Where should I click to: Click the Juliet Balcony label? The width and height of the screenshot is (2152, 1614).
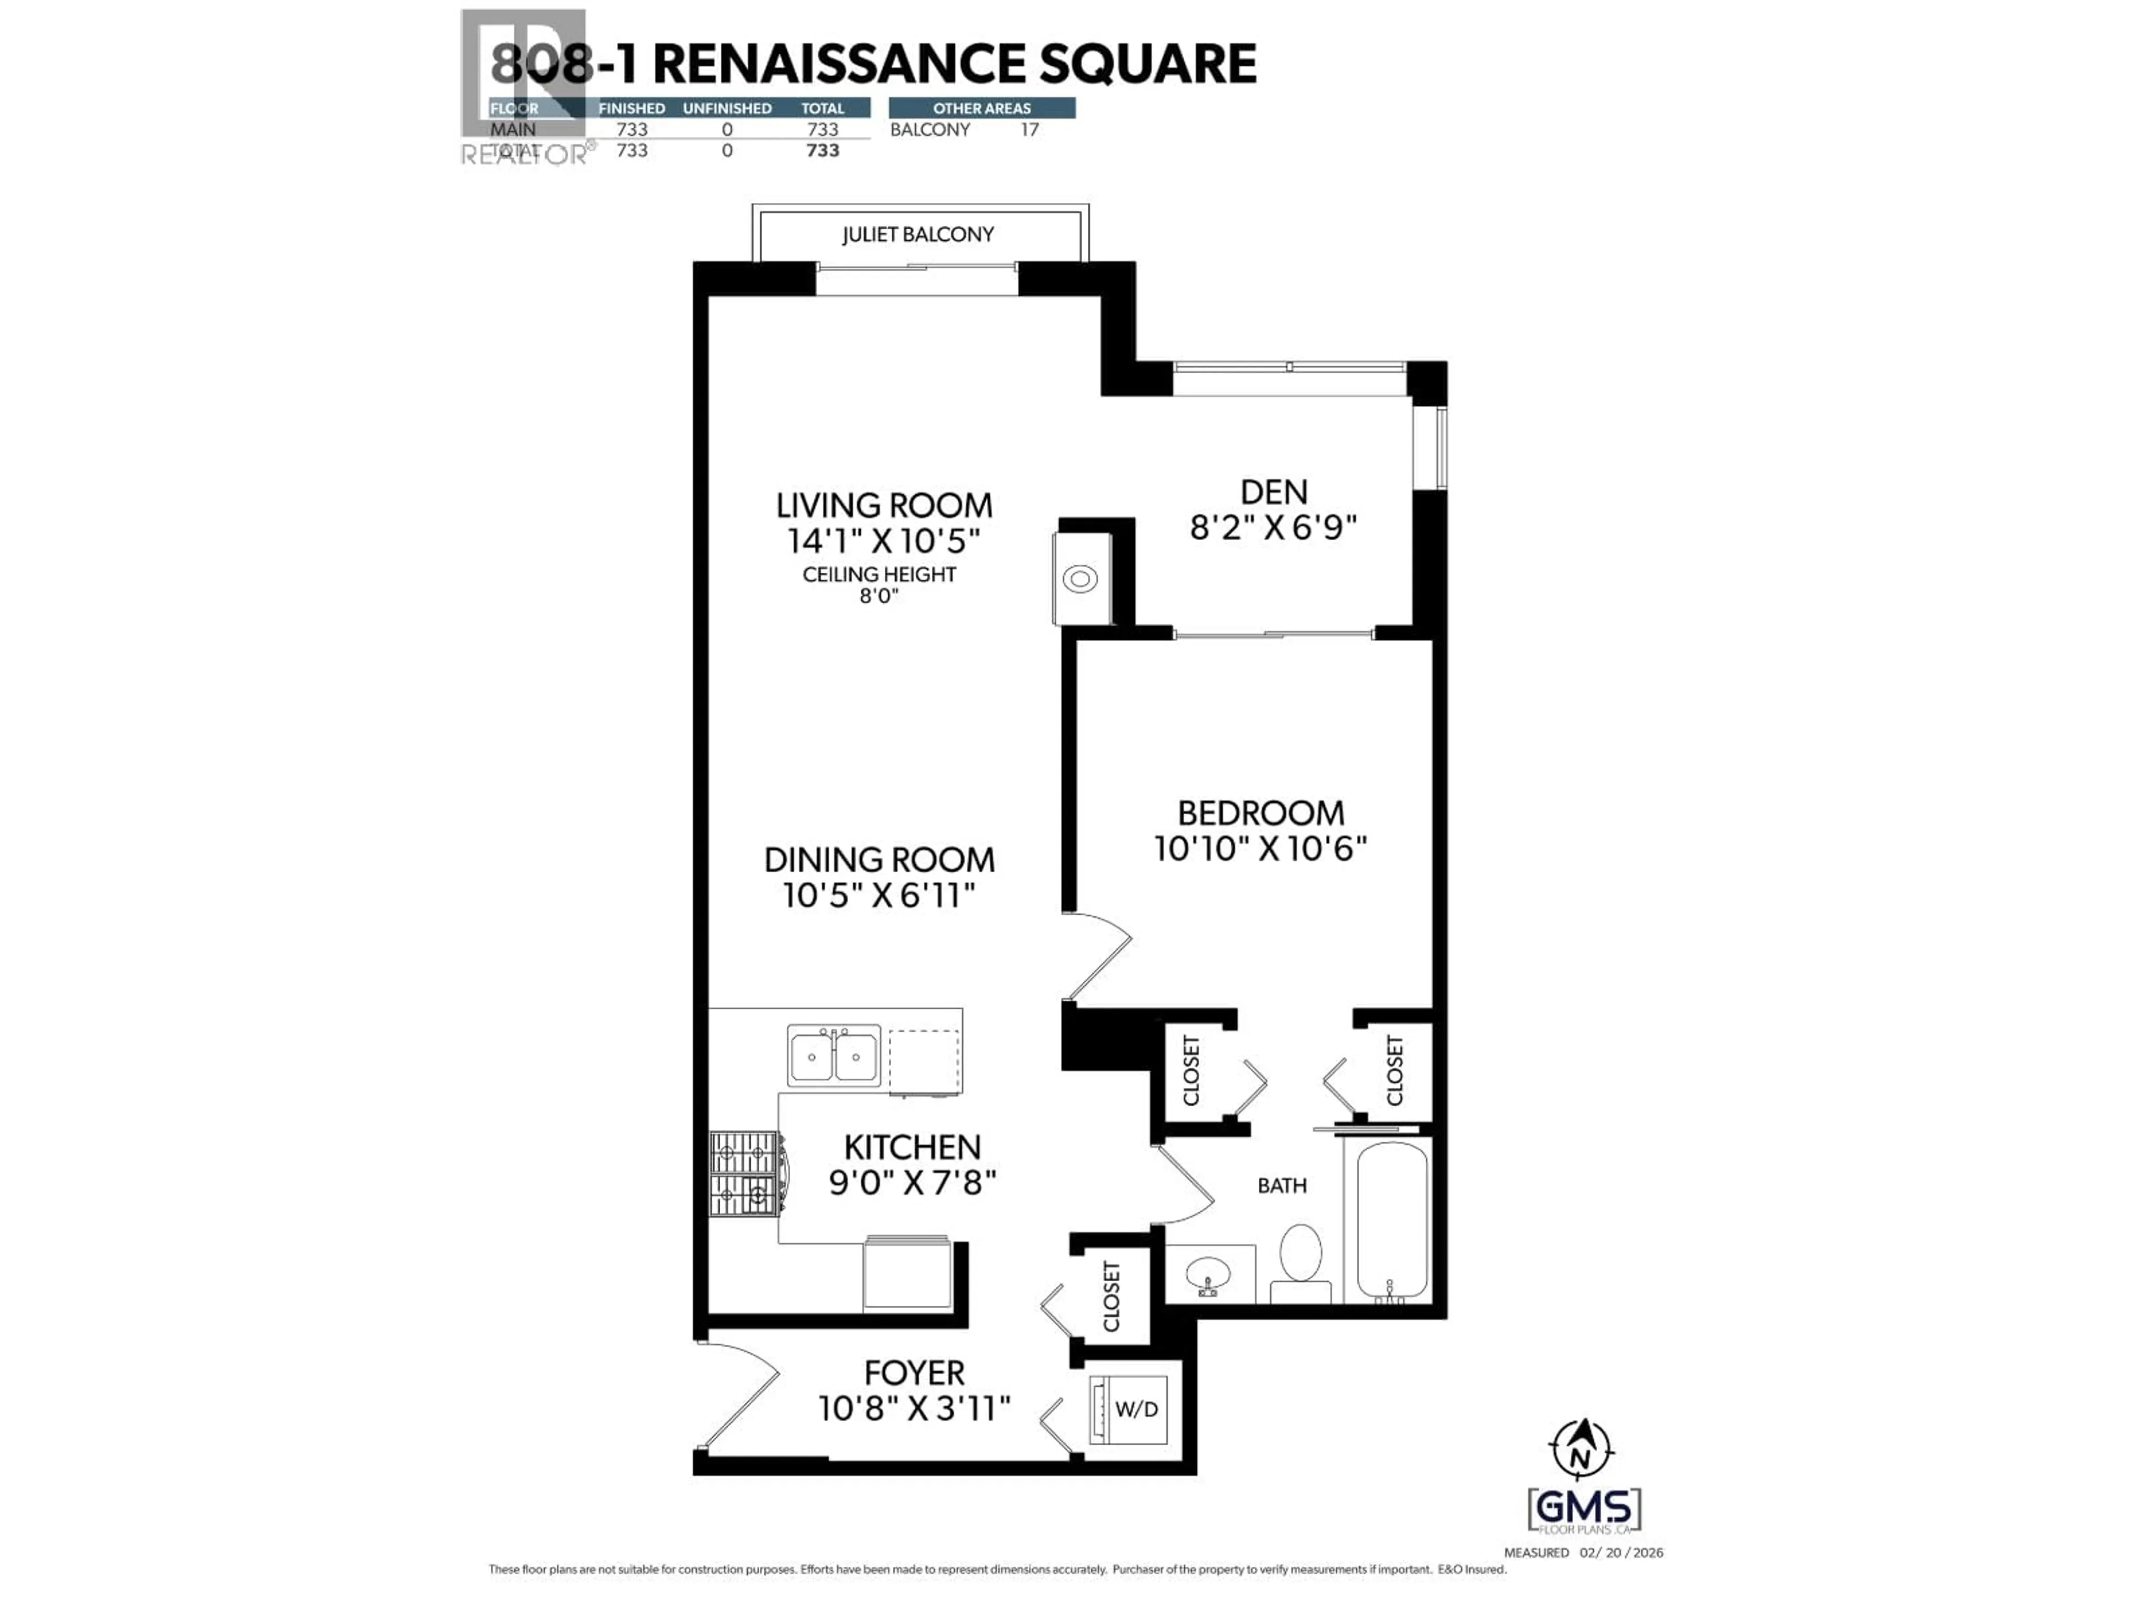pos(917,234)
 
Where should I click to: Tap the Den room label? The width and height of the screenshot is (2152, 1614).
pos(1273,492)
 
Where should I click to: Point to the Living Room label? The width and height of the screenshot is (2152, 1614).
pos(883,506)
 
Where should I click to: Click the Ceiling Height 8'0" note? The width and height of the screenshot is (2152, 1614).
pos(879,585)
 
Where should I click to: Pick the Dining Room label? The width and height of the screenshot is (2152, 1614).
pos(879,860)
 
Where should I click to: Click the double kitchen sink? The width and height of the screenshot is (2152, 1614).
pos(834,1056)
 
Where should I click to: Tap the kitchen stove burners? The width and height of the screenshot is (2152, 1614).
pos(744,1174)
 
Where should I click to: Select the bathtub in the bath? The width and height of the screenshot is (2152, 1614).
pos(1391,1221)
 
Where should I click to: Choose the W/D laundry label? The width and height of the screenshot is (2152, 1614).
pos(1137,1409)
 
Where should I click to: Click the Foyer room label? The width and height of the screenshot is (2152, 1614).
pos(913,1372)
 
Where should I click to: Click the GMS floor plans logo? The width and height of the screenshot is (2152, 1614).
pos(1584,1509)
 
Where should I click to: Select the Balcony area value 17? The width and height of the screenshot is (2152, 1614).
pos(1029,129)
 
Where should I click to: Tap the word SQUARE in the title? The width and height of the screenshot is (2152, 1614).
pos(1148,64)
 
